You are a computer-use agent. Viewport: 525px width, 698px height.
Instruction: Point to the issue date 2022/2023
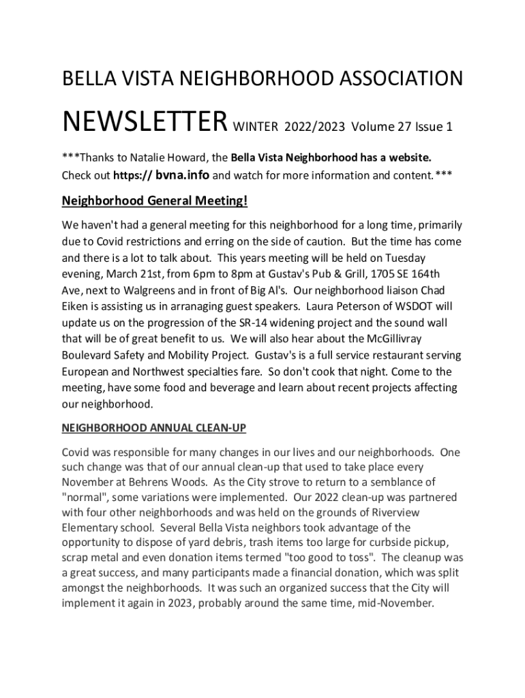[316, 127]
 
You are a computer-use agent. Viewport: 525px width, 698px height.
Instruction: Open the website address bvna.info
[182, 175]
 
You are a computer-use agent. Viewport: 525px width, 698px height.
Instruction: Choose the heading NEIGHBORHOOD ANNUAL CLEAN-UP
[153, 428]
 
